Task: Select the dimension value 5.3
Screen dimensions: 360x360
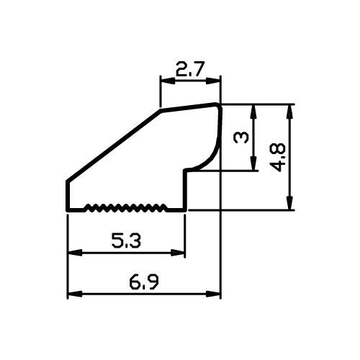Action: [x=126, y=240]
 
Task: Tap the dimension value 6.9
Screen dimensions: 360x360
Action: [x=144, y=282]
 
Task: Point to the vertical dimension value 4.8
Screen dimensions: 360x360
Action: [x=278, y=158]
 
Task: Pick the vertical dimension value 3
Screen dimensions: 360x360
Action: [x=241, y=138]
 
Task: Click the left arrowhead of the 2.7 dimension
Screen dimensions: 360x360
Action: [x=167, y=81]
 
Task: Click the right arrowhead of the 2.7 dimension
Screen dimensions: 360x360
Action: [x=213, y=81]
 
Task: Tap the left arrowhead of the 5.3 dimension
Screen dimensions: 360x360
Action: [x=75, y=253]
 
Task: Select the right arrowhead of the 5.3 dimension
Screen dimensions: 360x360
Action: [x=178, y=253]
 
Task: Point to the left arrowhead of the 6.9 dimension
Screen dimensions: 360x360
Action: [x=75, y=294]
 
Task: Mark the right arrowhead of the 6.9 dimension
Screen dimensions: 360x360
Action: [x=213, y=294]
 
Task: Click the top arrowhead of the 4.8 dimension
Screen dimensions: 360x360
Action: [x=290, y=112]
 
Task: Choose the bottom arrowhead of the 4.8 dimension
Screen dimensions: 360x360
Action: [x=290, y=203]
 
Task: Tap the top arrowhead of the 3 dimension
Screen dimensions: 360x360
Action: [x=253, y=112]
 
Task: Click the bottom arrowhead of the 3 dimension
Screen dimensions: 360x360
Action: [x=253, y=163]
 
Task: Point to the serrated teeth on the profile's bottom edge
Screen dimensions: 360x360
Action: [x=126, y=208]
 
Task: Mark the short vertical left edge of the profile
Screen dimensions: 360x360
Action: [x=68, y=196]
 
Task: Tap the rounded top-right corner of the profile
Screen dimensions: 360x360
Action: [x=219, y=106]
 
